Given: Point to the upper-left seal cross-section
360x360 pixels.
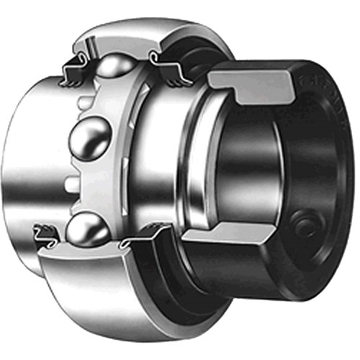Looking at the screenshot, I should point(73,68).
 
